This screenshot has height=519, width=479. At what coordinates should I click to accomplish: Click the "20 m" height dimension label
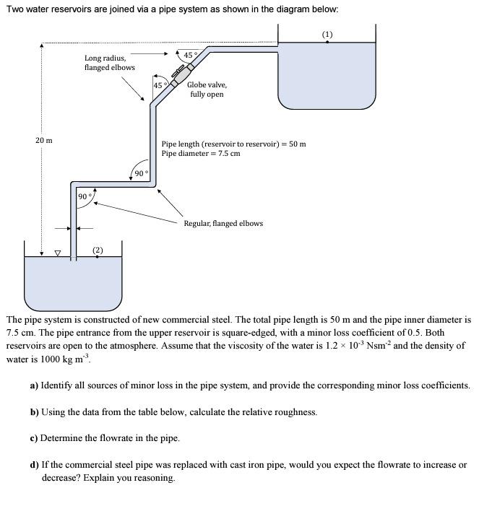[x=43, y=139]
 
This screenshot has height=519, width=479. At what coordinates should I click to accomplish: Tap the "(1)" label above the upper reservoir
[x=327, y=34]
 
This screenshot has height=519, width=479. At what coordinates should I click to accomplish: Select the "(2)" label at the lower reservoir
[x=98, y=250]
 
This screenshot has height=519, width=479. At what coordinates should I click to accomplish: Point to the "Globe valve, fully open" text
[x=207, y=90]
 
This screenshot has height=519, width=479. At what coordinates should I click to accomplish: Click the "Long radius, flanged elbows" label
[x=109, y=62]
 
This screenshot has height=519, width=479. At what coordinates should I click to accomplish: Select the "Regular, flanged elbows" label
[x=223, y=223]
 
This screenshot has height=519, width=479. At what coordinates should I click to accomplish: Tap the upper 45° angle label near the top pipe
[x=190, y=55]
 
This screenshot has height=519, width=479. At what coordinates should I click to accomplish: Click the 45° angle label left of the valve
[x=160, y=86]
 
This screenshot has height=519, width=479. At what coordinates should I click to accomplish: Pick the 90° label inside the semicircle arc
[x=141, y=173]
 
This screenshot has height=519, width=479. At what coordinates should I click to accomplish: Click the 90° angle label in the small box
[x=84, y=196]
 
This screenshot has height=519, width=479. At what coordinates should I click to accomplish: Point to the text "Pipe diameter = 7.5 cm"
[x=201, y=154]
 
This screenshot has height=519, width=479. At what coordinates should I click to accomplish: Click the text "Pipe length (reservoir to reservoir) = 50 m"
[x=233, y=144]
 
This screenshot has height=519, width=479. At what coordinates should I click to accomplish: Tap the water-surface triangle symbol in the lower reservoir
[x=59, y=253]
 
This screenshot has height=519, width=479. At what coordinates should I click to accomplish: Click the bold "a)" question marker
[x=34, y=385]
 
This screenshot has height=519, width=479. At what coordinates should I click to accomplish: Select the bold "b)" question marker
[x=35, y=411]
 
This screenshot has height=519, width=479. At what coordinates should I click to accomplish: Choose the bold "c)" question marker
[x=34, y=437]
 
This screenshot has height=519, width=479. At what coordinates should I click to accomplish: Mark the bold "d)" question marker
[x=35, y=464]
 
